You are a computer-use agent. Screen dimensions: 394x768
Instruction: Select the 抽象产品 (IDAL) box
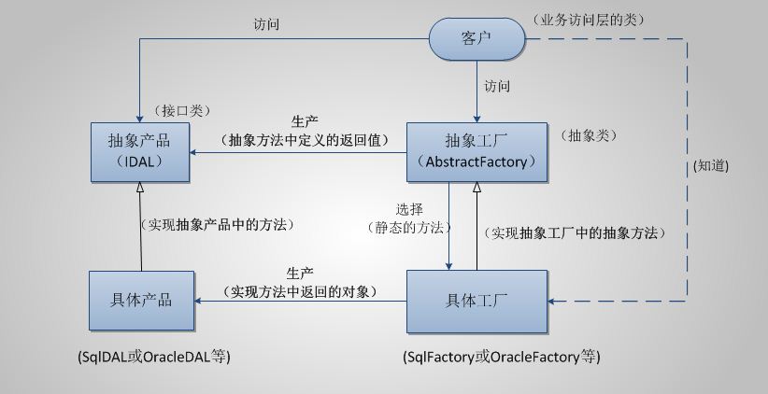[x=141, y=151]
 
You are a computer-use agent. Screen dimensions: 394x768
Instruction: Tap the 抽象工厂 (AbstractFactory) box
[x=476, y=151]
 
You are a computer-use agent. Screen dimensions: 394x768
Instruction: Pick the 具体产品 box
[x=141, y=301]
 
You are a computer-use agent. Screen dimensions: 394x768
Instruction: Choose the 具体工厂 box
[x=476, y=301]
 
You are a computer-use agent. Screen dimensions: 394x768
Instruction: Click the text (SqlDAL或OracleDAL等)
[x=155, y=358]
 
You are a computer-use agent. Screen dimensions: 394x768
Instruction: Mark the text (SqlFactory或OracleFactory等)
[x=502, y=358]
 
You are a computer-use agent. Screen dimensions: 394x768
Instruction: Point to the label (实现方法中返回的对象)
[x=301, y=291]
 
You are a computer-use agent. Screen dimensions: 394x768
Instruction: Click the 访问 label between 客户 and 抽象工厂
[x=497, y=86]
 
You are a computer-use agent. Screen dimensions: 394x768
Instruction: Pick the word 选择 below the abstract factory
[x=411, y=209]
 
